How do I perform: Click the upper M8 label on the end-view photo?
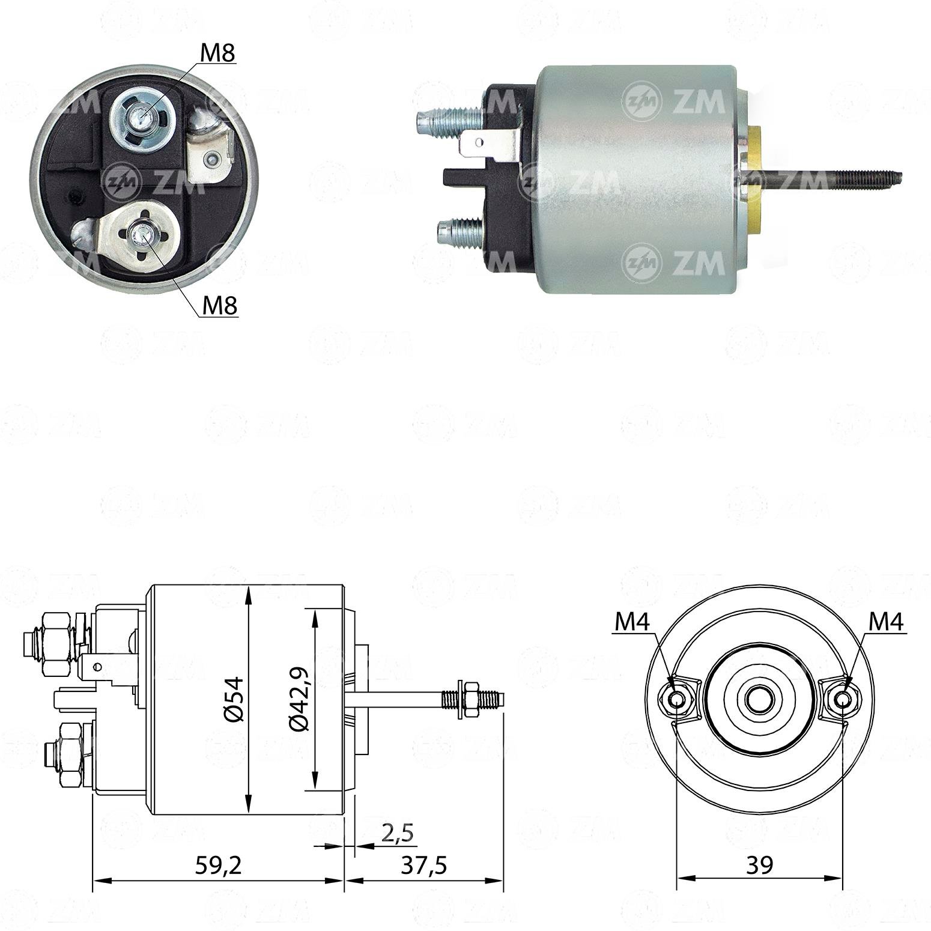[x=217, y=53]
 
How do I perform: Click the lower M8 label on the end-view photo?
[x=220, y=306]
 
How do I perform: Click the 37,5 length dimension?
[x=425, y=865]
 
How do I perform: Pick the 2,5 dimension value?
[x=398, y=832]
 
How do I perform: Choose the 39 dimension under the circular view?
[x=759, y=864]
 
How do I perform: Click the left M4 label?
[x=632, y=622]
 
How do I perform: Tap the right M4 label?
[x=887, y=622]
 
